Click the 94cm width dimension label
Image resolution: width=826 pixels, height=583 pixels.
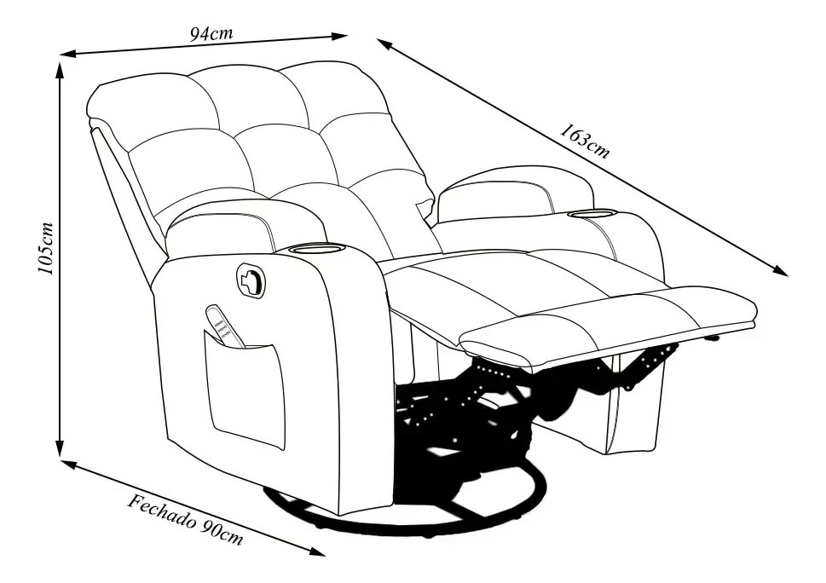211,34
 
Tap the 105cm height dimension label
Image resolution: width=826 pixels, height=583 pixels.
46,248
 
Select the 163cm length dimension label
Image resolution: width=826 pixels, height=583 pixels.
585,141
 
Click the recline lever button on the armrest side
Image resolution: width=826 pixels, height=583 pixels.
251,276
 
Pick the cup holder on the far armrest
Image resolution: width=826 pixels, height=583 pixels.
592,213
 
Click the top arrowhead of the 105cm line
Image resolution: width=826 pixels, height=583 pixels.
60,70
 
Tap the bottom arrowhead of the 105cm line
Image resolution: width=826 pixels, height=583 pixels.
60,448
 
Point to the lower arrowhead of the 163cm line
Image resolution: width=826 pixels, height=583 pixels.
780,270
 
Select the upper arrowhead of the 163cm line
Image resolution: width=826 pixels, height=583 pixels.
385,43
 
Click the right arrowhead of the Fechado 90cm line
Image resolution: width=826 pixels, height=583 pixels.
317,551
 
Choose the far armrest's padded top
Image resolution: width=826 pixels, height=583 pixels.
517,193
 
